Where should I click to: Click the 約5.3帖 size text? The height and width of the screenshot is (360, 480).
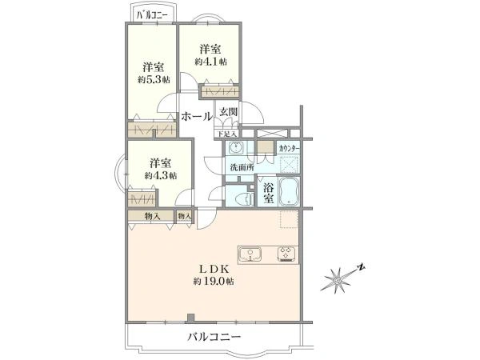(x=153, y=79)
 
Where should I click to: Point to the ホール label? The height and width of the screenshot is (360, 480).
(x=197, y=117)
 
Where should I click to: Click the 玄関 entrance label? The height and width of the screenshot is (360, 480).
(x=228, y=112)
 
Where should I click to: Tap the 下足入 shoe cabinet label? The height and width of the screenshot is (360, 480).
(x=228, y=134)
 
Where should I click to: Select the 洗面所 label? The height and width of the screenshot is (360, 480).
(x=242, y=167)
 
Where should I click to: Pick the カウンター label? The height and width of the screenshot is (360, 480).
(x=288, y=149)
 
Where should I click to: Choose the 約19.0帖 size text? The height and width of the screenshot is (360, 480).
(x=214, y=282)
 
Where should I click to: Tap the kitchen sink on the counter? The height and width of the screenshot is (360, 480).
(x=253, y=254)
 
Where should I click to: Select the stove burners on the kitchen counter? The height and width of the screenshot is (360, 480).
(x=285, y=254)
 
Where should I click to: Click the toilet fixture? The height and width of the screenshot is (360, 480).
(x=238, y=198)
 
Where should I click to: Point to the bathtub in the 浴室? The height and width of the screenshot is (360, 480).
(x=289, y=192)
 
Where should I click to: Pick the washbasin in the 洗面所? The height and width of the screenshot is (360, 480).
(x=266, y=148)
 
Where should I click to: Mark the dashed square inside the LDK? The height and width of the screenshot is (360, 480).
(x=288, y=220)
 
